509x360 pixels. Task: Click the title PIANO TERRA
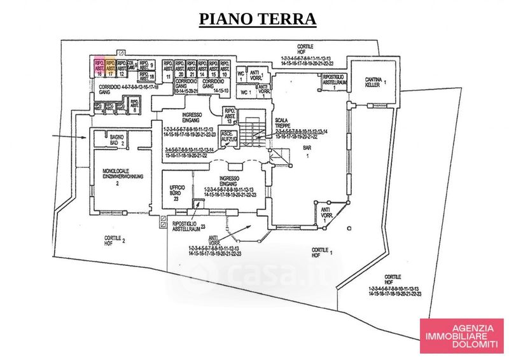coord(258,18)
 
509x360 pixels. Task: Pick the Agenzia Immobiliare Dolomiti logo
coord(461,335)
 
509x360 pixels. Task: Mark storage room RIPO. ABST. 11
coord(169,70)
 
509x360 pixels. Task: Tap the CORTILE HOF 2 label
coord(116,240)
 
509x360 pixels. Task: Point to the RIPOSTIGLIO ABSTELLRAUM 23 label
coord(189,227)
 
